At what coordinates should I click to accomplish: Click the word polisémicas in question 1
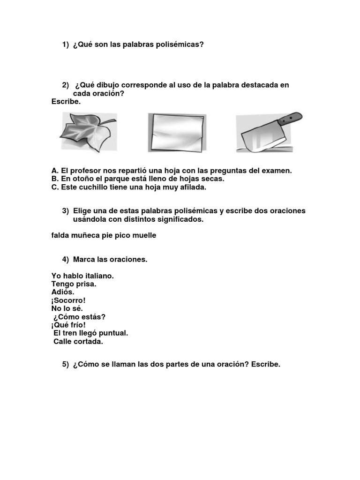[x=180, y=45]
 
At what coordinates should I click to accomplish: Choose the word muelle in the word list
[x=144, y=235]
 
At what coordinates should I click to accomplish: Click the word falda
[x=60, y=235]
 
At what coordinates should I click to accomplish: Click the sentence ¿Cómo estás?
[x=79, y=317]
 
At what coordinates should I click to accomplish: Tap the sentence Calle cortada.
[x=78, y=341]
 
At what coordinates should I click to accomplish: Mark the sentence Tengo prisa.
[x=74, y=284]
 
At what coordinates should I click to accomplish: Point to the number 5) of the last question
[x=66, y=365]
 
